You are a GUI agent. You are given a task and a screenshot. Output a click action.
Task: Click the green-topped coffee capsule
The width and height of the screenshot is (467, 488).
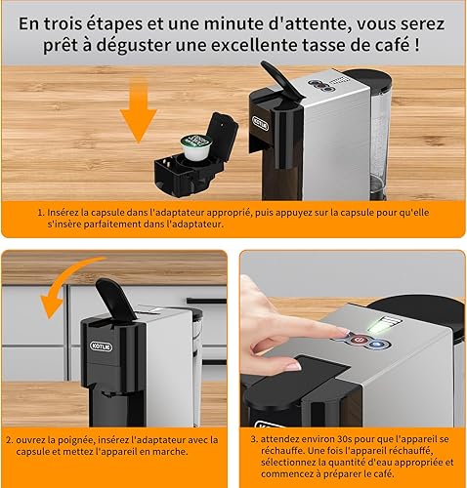point(195,146)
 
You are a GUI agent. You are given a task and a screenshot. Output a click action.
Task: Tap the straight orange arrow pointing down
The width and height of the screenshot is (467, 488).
point(139,111)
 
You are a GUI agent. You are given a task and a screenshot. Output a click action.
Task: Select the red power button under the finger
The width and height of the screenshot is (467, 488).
point(359,340)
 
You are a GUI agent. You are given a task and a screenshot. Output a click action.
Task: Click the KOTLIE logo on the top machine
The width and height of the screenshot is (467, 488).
point(261,124)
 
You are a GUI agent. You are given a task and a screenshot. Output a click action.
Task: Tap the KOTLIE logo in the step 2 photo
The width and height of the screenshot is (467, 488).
point(102,346)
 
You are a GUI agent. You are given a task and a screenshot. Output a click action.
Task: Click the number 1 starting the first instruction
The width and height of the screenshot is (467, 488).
point(40,213)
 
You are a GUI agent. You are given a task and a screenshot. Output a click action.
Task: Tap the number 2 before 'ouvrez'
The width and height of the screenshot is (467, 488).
point(9,440)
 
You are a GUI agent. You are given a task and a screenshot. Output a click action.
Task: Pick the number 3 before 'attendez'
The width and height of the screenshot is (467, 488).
point(254,439)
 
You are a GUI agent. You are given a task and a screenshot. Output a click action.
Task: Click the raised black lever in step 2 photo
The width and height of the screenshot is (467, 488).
point(115,301)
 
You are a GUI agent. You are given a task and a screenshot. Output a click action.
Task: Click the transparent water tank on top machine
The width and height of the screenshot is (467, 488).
point(379,137)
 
